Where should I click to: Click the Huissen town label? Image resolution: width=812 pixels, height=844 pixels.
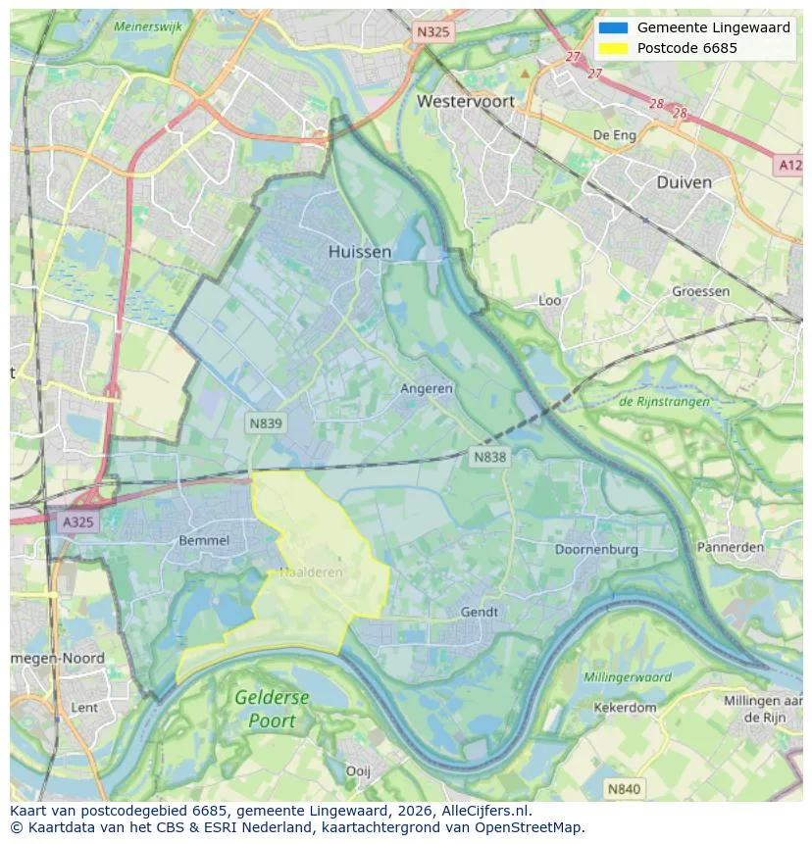tap(359, 252)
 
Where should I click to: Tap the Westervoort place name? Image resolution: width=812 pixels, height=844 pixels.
tap(465, 101)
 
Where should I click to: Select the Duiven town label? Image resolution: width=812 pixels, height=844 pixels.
tap(684, 182)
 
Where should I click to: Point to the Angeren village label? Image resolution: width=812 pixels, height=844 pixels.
tap(427, 388)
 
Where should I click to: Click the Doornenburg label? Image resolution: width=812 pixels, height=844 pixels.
tap(596, 549)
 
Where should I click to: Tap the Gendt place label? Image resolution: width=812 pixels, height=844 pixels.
tap(479, 612)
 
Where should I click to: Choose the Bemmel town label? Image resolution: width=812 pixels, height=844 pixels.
tap(204, 540)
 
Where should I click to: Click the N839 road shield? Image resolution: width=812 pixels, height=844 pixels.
tap(265, 422)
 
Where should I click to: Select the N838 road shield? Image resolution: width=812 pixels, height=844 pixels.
tap(490, 457)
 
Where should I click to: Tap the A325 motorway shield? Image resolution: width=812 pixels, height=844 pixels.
tap(77, 522)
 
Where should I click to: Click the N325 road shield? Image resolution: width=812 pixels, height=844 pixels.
tap(432, 31)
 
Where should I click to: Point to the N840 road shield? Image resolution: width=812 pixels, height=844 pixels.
tap(624, 788)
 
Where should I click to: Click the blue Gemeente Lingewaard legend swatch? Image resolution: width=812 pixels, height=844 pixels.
tap(613, 28)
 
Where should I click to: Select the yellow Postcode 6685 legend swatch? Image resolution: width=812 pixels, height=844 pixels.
tap(613, 48)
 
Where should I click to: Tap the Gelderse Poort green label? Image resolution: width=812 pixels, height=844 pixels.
tap(272, 710)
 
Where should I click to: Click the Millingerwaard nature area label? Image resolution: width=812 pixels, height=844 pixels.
tap(628, 677)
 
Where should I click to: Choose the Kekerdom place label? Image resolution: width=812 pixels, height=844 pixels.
tap(625, 707)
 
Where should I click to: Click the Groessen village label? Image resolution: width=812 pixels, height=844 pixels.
tap(701, 291)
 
